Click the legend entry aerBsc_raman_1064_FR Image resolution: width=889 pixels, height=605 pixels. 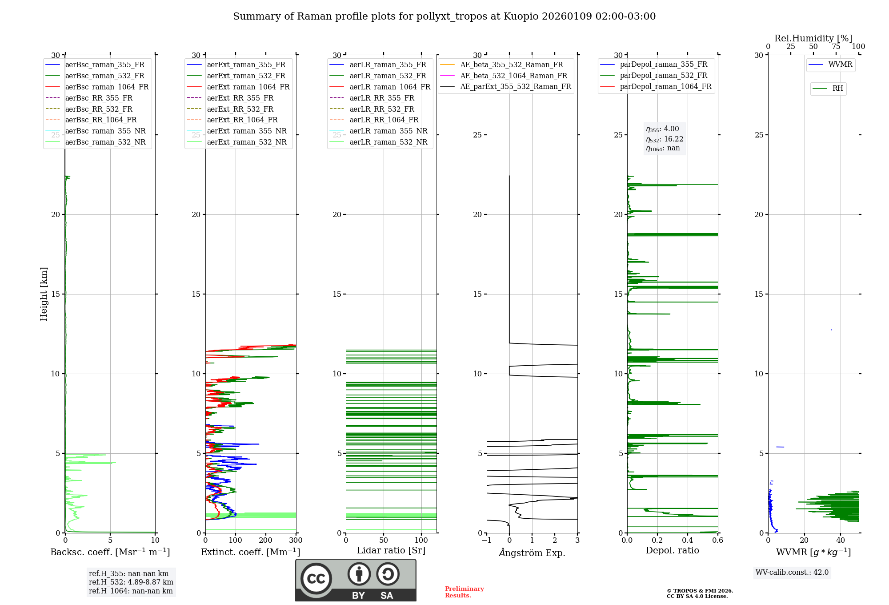(x=107, y=87)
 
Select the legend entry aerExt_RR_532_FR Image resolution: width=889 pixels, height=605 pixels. (x=240, y=109)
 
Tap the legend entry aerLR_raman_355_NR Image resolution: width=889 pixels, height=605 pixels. (x=388, y=131)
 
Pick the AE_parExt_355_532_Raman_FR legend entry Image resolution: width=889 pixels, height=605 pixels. (x=515, y=86)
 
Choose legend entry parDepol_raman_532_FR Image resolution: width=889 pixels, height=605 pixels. (x=663, y=76)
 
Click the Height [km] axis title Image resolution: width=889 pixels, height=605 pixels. (x=44, y=294)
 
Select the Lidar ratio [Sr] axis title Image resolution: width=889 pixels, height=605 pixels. (x=391, y=550)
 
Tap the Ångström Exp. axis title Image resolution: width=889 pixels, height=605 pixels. (x=532, y=553)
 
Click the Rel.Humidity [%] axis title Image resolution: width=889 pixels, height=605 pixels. (x=813, y=38)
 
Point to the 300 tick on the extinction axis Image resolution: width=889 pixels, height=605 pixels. (x=296, y=540)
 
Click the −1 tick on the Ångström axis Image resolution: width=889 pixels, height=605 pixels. (x=486, y=540)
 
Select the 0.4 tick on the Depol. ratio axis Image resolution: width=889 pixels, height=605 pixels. (x=688, y=540)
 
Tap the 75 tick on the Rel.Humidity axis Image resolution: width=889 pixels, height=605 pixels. (x=836, y=47)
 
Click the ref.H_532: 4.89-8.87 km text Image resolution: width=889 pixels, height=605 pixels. (x=131, y=582)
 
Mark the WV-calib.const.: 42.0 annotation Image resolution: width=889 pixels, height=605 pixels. (x=792, y=572)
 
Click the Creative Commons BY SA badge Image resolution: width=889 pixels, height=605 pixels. (x=356, y=580)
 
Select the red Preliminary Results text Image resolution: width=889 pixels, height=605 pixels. (x=464, y=592)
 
